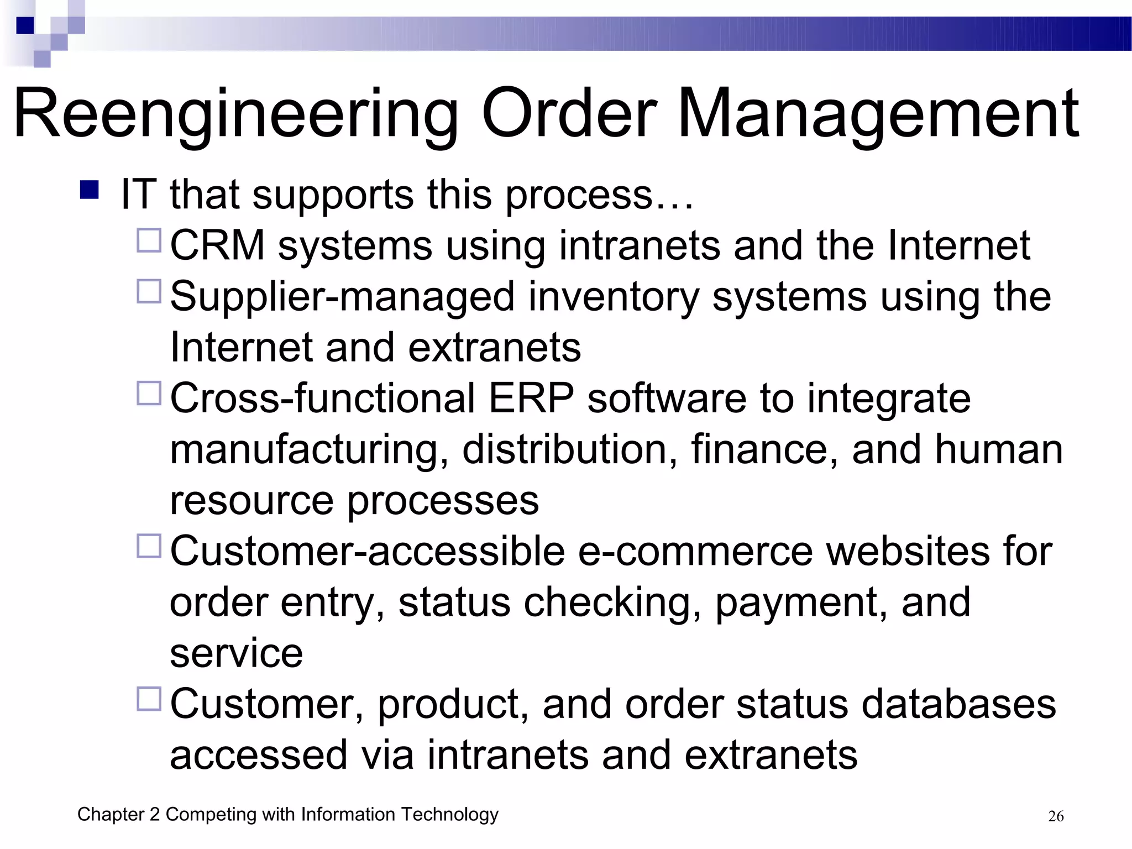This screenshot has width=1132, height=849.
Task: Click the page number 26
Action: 1056,816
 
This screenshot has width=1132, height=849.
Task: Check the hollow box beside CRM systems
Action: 149,241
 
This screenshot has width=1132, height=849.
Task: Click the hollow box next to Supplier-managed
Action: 149,291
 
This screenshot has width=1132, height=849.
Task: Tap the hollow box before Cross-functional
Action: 149,394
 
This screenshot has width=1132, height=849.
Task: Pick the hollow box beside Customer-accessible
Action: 149,546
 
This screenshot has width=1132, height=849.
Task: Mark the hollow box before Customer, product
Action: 149,699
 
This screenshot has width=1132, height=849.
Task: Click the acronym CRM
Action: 217,245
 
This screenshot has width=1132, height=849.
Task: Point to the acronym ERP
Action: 531,399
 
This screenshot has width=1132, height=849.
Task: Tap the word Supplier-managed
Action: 342,297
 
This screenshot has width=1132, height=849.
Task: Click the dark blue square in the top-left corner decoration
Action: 25,25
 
